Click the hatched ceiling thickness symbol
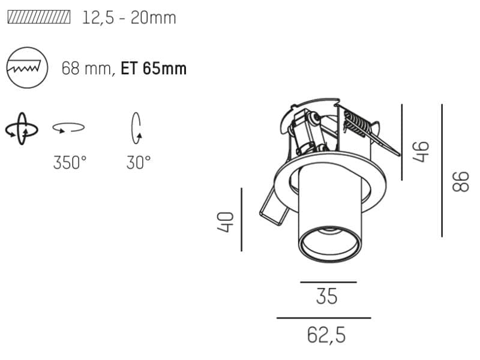pyautogui.click(x=38, y=17)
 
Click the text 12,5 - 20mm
pyautogui.click(x=129, y=17)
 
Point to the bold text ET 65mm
pyautogui.click(x=154, y=68)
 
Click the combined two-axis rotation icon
pyautogui.click(x=22, y=128)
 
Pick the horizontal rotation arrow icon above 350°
pyautogui.click(x=68, y=127)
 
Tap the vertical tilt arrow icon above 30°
pyautogui.click(x=136, y=127)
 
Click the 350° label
pyautogui.click(x=70, y=163)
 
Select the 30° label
pyautogui.click(x=139, y=163)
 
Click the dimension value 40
pyautogui.click(x=226, y=221)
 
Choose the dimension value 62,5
pyautogui.click(x=326, y=335)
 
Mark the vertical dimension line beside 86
pyautogui.click(x=442, y=170)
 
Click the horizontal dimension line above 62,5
pyautogui.click(x=323, y=318)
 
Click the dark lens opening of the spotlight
pyautogui.click(x=329, y=242)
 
